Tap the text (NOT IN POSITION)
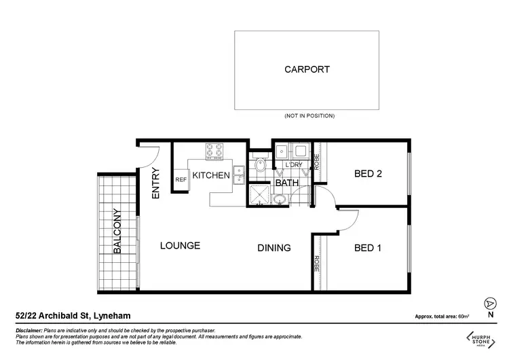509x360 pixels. coord(309,116)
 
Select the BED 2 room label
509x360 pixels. coord(369,174)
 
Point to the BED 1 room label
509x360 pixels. coord(368,248)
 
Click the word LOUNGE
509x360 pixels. coord(180,245)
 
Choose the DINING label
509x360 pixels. coord(274,248)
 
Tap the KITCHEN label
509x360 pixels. coord(211,176)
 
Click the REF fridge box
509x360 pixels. coord(181,180)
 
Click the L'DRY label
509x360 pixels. coord(293,165)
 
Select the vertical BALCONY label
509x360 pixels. coord(117,231)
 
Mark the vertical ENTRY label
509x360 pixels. coord(156,183)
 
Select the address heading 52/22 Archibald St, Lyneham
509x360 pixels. coord(73,316)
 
